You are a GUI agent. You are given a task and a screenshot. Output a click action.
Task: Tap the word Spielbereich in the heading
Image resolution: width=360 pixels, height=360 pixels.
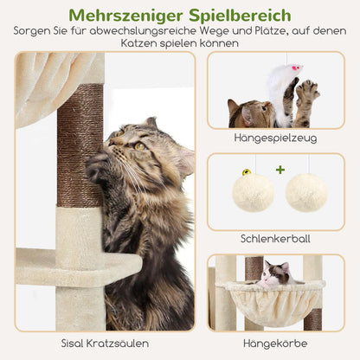pos(245,15)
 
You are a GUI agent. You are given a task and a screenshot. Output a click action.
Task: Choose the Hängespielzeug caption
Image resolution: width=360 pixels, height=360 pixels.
pos(275,138)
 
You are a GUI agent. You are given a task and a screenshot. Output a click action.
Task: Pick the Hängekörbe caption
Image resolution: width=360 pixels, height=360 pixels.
pos(275,344)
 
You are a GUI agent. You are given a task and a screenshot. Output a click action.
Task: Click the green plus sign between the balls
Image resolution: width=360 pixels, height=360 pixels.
pos(280,170)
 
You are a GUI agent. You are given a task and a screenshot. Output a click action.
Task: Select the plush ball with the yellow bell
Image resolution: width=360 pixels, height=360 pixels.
pos(253,191)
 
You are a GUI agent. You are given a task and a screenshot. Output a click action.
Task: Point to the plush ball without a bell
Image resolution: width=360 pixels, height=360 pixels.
pos(306,191)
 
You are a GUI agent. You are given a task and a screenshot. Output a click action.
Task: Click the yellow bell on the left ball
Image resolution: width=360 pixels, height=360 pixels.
pos(247,172)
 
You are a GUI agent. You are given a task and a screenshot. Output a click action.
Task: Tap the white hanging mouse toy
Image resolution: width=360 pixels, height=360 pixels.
pos(282,83)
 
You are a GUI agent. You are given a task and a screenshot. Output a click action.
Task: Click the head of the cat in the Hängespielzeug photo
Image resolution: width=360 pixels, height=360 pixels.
pos(243,112)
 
